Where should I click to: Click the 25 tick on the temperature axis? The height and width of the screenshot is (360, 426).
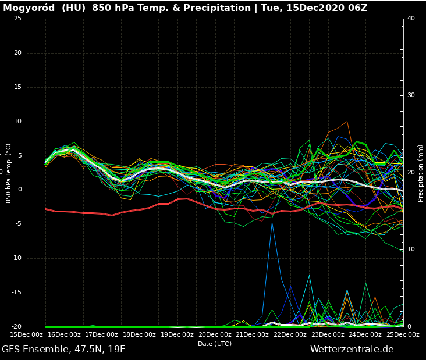[x=17, y=19]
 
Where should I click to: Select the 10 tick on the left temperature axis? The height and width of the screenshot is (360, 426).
[x=17, y=122]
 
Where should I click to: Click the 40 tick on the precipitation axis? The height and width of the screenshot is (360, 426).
[x=411, y=19]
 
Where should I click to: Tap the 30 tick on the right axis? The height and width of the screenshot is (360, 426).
[x=411, y=95]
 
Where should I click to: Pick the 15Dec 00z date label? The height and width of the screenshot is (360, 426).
[x=27, y=334]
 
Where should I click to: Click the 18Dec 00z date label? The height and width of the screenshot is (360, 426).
[x=140, y=334]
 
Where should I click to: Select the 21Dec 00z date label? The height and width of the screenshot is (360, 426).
[x=253, y=334]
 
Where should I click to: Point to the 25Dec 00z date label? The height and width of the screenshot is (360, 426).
[x=403, y=334]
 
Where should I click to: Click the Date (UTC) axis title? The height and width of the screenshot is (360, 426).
[x=215, y=344]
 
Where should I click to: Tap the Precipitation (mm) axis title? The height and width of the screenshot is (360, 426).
[x=420, y=173]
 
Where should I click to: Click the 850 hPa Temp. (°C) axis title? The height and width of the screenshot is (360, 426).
[x=9, y=173]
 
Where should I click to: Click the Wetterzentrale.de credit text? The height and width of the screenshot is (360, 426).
[x=352, y=350]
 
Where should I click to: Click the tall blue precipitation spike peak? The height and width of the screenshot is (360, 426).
[x=272, y=222]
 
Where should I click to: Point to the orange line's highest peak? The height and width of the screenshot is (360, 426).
[x=347, y=122]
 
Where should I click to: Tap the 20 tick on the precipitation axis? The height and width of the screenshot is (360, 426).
[x=411, y=173]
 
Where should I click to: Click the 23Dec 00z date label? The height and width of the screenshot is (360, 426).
[x=328, y=334]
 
